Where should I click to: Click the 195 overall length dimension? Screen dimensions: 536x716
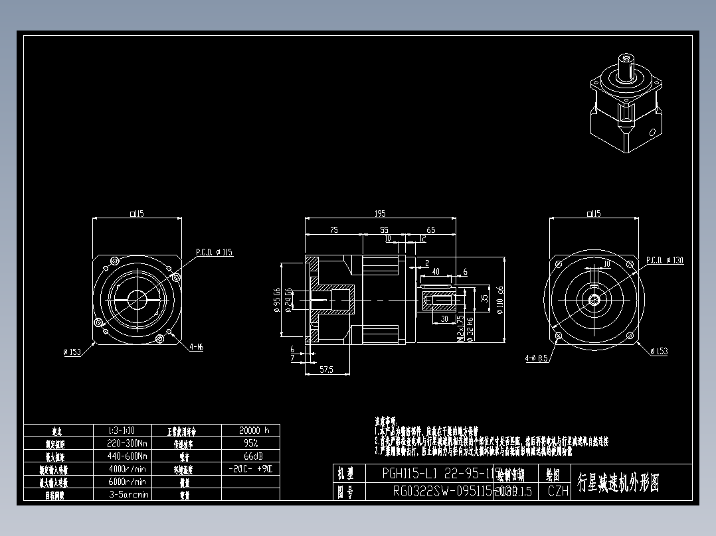point(380,214)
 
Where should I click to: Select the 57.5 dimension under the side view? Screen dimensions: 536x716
point(326,369)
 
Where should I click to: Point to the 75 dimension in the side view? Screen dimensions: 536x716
point(333,230)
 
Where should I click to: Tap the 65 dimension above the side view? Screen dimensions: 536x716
point(430,230)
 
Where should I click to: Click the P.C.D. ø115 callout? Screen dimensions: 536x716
point(214,253)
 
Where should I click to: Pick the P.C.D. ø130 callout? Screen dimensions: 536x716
point(664,261)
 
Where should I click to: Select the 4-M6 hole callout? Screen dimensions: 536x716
point(196,346)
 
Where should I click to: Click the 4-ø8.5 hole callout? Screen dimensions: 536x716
point(536,358)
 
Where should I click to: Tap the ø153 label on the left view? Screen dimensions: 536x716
point(72,352)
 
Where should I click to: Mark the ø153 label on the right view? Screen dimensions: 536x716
point(658,351)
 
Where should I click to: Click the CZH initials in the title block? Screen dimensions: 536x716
point(558,492)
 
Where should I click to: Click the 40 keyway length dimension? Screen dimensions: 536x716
point(436,271)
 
